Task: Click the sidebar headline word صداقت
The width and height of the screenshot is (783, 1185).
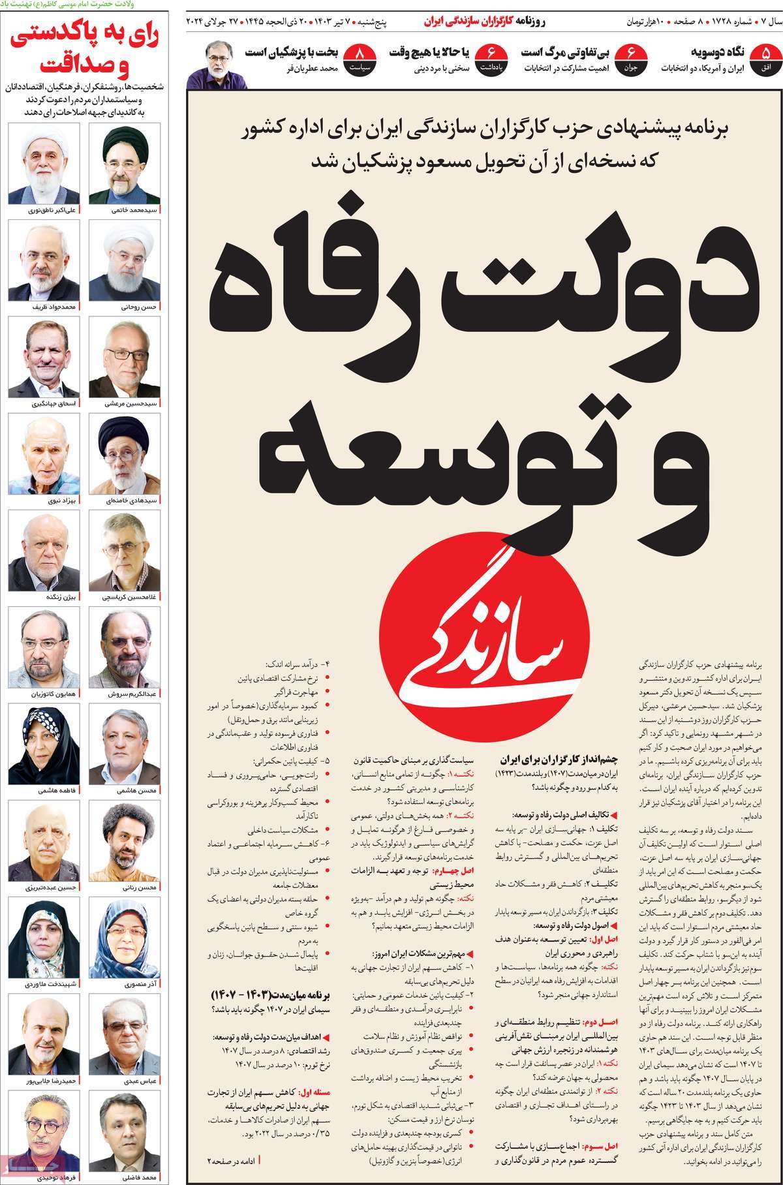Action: pos(77,65)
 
